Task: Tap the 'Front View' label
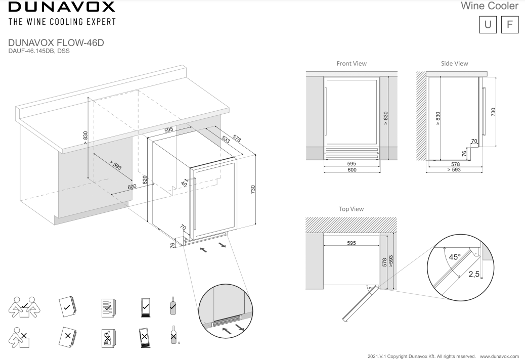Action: pyautogui.click(x=352, y=64)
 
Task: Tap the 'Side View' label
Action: pyautogui.click(x=454, y=64)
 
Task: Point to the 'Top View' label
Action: pyautogui.click(x=351, y=209)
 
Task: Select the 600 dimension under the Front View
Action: pyautogui.click(x=352, y=170)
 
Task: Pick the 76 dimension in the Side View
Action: pyautogui.click(x=464, y=153)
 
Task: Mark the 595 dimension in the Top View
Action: pyautogui.click(x=352, y=243)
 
